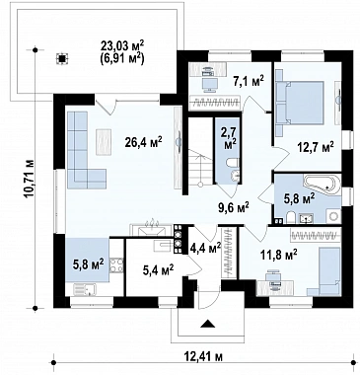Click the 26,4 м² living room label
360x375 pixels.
tap(143, 142)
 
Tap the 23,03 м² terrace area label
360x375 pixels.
tap(123, 46)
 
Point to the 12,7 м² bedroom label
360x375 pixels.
tap(316, 147)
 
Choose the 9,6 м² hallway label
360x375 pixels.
tap(234, 207)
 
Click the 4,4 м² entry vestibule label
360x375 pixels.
tap(205, 248)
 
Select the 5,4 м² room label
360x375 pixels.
tap(159, 270)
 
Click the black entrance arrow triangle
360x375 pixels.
tap(208, 324)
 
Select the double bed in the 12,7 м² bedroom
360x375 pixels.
tap(300, 103)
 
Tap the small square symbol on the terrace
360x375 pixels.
tap(61, 58)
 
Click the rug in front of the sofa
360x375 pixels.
tap(105, 142)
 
